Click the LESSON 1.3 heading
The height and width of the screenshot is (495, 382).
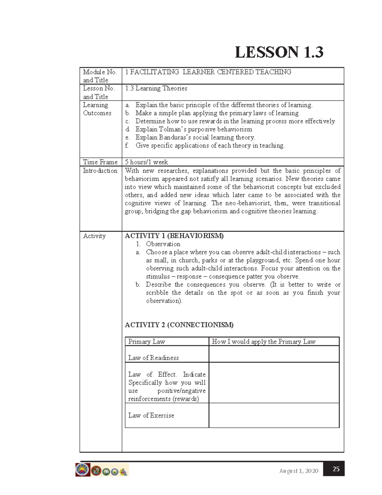(279, 52)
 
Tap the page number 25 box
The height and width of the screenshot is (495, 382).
(336, 469)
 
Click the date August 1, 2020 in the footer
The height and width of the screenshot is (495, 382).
(299, 471)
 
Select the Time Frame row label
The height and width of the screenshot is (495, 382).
(100, 162)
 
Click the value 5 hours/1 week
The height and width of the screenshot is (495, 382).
(146, 162)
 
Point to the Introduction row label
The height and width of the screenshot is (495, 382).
(100, 171)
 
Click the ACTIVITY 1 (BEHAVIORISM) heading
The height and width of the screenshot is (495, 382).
(174, 236)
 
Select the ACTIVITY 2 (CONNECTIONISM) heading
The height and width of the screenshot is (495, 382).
(179, 325)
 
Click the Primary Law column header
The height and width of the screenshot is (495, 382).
(146, 342)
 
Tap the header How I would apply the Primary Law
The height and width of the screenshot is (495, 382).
(264, 342)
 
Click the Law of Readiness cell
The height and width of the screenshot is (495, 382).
(153, 358)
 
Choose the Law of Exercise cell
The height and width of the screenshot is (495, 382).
(151, 415)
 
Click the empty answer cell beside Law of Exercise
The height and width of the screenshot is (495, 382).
(274, 415)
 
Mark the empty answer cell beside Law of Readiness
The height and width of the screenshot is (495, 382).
(274, 354)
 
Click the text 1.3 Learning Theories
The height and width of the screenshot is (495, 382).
(156, 88)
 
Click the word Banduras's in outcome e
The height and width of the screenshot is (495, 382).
(176, 137)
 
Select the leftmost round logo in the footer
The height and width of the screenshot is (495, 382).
(83, 470)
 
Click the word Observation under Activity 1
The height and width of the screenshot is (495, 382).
(163, 244)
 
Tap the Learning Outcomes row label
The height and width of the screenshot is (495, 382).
(97, 109)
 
